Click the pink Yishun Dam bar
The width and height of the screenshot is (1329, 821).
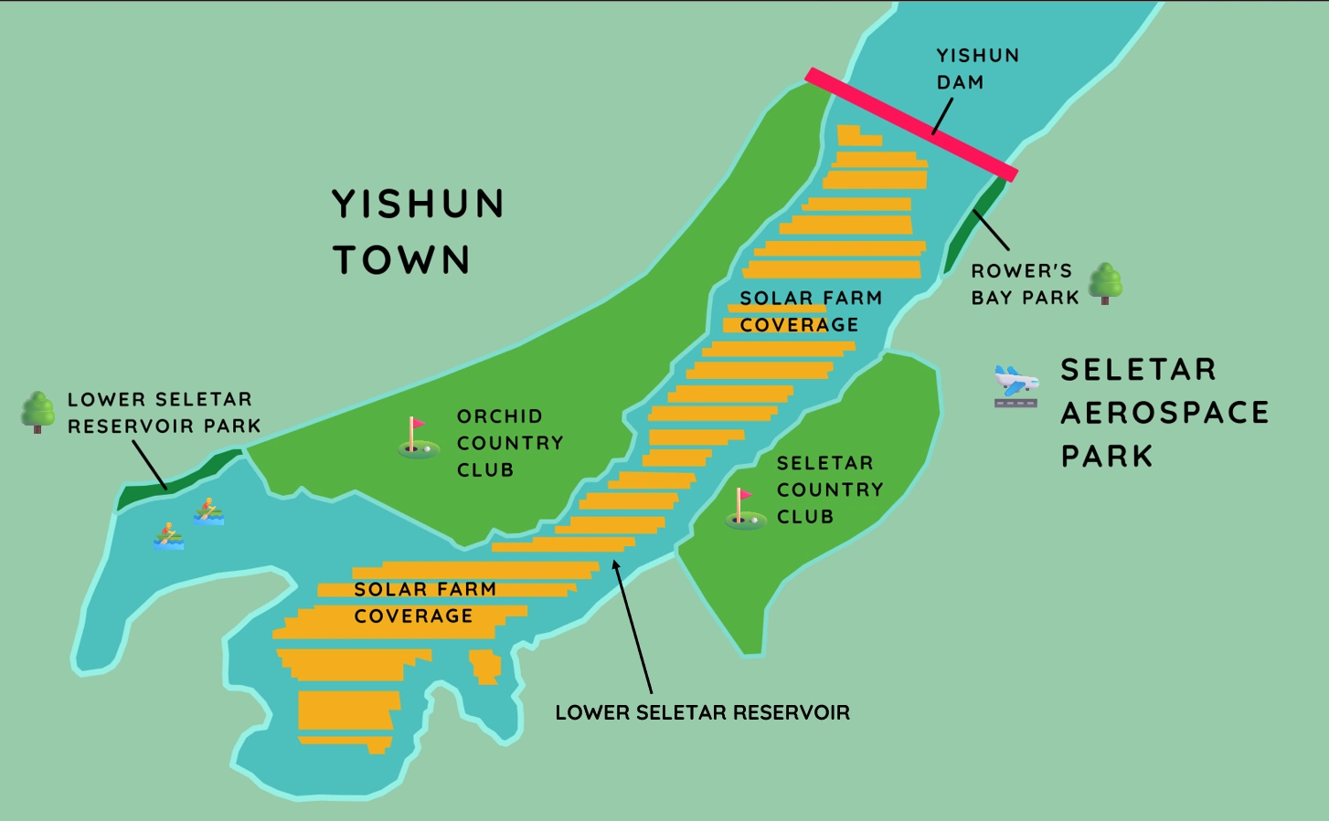pos(910,124)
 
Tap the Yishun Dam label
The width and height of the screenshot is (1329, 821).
pos(976,68)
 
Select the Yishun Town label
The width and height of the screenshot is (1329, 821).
pos(417,232)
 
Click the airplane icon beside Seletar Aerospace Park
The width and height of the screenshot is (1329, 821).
pos(1015,385)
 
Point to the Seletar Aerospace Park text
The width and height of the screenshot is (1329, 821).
pos(1164,413)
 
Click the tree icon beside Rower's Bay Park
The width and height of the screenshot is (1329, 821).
pos(1105,283)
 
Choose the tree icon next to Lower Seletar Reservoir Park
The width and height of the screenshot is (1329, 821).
pos(37,412)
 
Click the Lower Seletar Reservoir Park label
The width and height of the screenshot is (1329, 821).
pos(163,413)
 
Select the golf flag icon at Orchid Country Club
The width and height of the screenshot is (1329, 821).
pos(417,437)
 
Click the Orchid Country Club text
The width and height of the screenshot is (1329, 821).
pos(509,443)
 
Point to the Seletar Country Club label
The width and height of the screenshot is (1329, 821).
pos(829,489)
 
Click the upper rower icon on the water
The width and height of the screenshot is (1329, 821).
pos(208,511)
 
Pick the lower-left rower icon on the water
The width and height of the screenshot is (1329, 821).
pos(168,536)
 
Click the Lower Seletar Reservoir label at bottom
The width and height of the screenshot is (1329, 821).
pos(702,712)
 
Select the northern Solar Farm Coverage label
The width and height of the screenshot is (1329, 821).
pos(810,311)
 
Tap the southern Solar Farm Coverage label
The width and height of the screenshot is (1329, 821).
pos(424,603)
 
